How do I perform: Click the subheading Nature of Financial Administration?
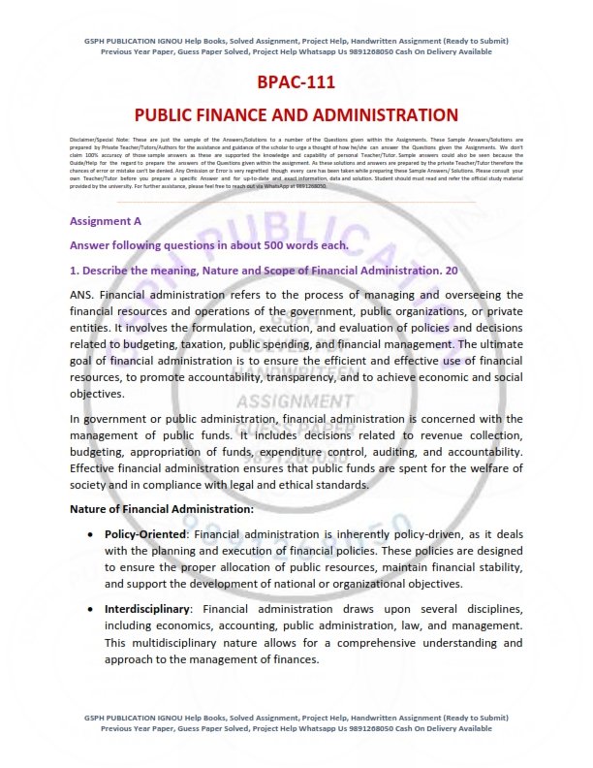point(162,508)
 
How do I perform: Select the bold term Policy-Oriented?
point(144,534)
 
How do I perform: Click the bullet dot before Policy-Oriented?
point(90,534)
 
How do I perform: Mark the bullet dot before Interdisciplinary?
point(90,609)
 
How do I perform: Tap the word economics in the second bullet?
point(181,625)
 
